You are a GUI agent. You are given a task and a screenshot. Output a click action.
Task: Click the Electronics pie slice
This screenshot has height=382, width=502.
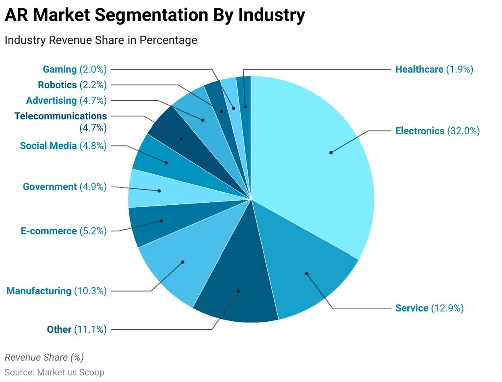tap(321, 156)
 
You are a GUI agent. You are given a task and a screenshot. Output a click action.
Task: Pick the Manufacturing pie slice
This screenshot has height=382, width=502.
tap(181, 264)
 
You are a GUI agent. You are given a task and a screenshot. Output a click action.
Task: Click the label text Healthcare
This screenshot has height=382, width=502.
tap(419, 69)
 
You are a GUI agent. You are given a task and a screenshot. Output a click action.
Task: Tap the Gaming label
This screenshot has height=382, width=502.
tap(59, 69)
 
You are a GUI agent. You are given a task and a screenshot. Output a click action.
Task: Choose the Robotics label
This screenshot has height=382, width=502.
tap(57, 85)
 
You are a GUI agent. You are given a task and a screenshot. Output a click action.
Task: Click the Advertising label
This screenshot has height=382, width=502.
tap(51, 100)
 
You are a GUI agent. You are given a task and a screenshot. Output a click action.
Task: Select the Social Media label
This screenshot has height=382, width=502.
tap(48, 146)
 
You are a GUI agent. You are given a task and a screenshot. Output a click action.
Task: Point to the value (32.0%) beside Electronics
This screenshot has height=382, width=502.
tap(463, 131)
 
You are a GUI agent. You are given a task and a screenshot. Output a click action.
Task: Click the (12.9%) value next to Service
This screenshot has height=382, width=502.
tap(447, 308)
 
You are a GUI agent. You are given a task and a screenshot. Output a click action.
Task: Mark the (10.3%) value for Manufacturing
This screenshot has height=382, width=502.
tap(90, 291)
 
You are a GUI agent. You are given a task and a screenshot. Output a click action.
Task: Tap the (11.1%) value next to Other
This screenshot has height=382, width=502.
tap(90, 329)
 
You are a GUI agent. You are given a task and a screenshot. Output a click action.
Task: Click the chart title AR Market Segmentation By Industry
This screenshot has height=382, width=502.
tap(155, 16)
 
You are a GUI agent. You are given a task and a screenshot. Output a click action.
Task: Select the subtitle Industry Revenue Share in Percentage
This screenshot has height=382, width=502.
tap(101, 40)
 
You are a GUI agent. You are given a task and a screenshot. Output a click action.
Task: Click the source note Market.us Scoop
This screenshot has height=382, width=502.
tap(54, 372)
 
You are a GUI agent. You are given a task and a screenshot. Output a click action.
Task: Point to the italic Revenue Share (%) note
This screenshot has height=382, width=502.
tap(44, 357)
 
